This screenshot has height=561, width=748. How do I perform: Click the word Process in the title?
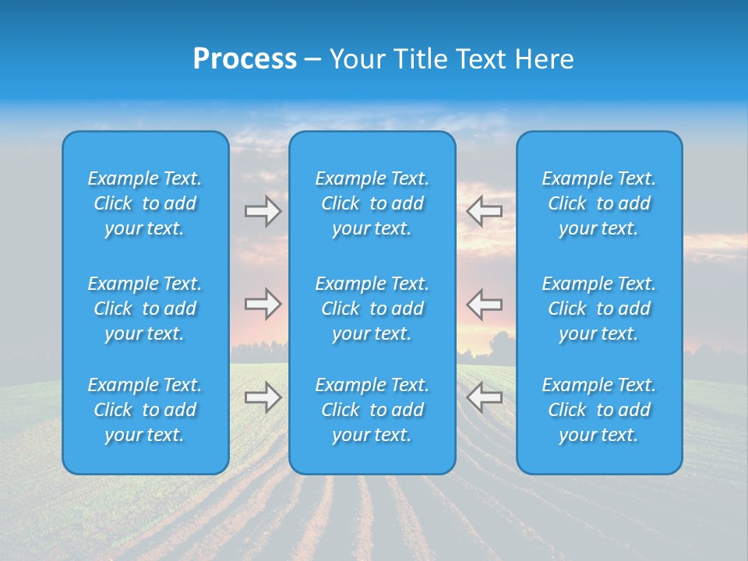tap(245, 59)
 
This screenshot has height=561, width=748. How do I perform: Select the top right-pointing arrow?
tap(263, 211)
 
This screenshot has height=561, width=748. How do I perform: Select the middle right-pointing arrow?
tap(263, 304)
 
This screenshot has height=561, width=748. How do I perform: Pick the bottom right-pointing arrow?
tap(263, 397)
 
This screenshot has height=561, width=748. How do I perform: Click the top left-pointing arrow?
tap(484, 211)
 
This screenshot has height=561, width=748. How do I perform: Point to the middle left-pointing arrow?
tap(484, 304)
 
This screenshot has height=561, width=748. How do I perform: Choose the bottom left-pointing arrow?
tap(484, 397)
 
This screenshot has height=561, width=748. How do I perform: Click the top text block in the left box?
tap(145, 203)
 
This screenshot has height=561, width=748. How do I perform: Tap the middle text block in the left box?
tap(145, 309)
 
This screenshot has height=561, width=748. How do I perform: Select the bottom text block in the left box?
tap(145, 410)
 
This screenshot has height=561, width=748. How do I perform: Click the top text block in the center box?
tap(372, 203)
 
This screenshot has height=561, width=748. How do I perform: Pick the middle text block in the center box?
tap(372, 309)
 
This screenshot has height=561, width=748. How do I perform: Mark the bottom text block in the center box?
tap(372, 410)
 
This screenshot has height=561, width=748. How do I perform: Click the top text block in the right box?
tap(598, 203)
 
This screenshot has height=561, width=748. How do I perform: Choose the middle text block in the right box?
tap(598, 309)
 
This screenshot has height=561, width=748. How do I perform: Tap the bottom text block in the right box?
tap(598, 410)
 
